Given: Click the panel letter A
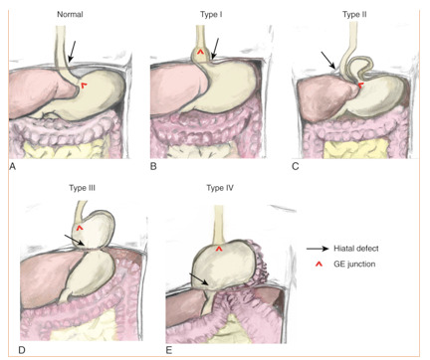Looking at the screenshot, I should [12, 168].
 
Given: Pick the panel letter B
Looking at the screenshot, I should [154, 168].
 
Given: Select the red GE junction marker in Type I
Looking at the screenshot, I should [200, 52].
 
